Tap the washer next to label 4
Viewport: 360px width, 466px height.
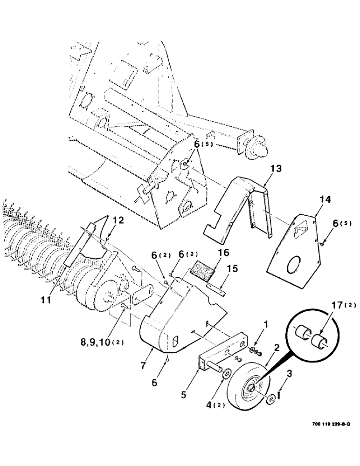point(228,374)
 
